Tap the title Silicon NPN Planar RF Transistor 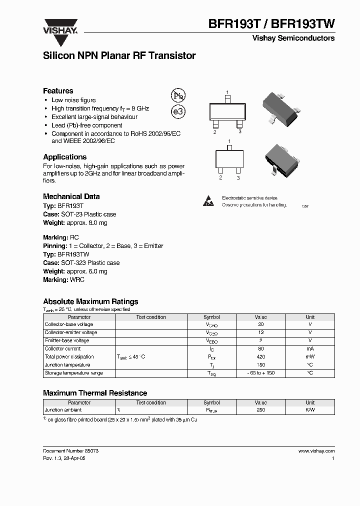coord(119,56)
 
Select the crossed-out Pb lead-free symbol coord(178,96)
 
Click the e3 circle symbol coord(178,112)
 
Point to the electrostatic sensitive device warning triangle coord(208,201)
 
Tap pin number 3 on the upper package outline coord(240,131)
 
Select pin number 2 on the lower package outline coord(220,177)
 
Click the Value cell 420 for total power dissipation coord(260,357)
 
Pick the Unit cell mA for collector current coord(310,349)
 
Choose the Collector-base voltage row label coord(68,324)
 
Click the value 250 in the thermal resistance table coord(260,410)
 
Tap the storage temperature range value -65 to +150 coord(260,373)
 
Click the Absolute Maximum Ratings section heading coord(90,301)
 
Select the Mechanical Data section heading coord(71,196)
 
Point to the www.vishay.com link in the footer coord(316,451)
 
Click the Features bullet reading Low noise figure coord(73,100)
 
